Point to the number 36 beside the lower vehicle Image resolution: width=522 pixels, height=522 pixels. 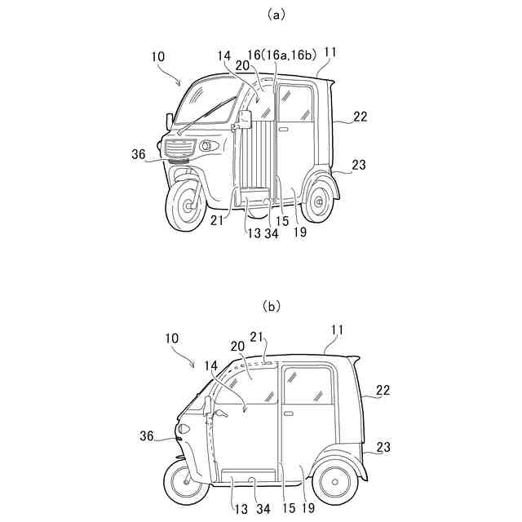coord(147,436)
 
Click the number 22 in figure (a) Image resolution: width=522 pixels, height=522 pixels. coord(360,117)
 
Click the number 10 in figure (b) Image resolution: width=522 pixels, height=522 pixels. coord(171,337)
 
